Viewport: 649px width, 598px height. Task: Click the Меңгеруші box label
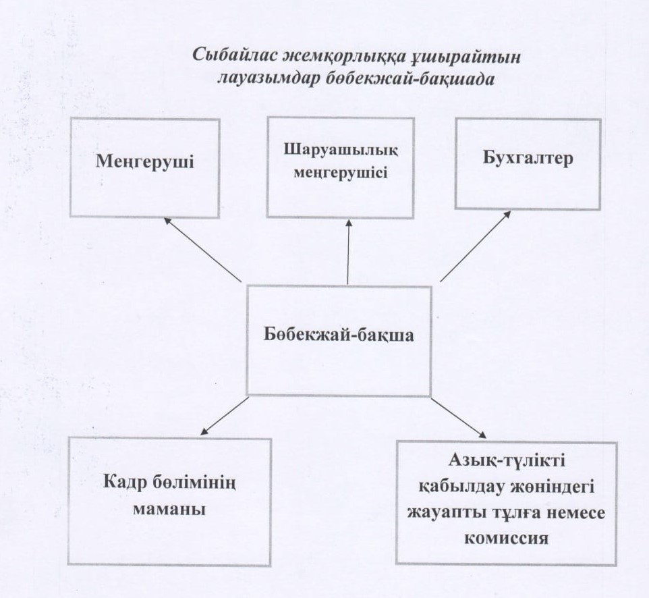[145, 161]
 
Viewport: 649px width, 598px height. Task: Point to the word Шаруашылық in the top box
[341, 150]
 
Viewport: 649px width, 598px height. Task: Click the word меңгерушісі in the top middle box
[341, 172]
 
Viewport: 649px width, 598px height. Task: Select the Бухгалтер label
[528, 159]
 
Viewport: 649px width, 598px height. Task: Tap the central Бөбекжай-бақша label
[339, 335]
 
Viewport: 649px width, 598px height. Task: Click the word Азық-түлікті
[507, 461]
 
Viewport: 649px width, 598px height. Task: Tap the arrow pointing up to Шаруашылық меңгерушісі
[348, 252]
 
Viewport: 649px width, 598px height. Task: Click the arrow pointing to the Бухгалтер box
[475, 247]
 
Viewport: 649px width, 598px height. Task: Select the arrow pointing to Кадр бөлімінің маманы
[225, 416]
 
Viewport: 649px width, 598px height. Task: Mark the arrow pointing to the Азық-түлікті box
[459, 418]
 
